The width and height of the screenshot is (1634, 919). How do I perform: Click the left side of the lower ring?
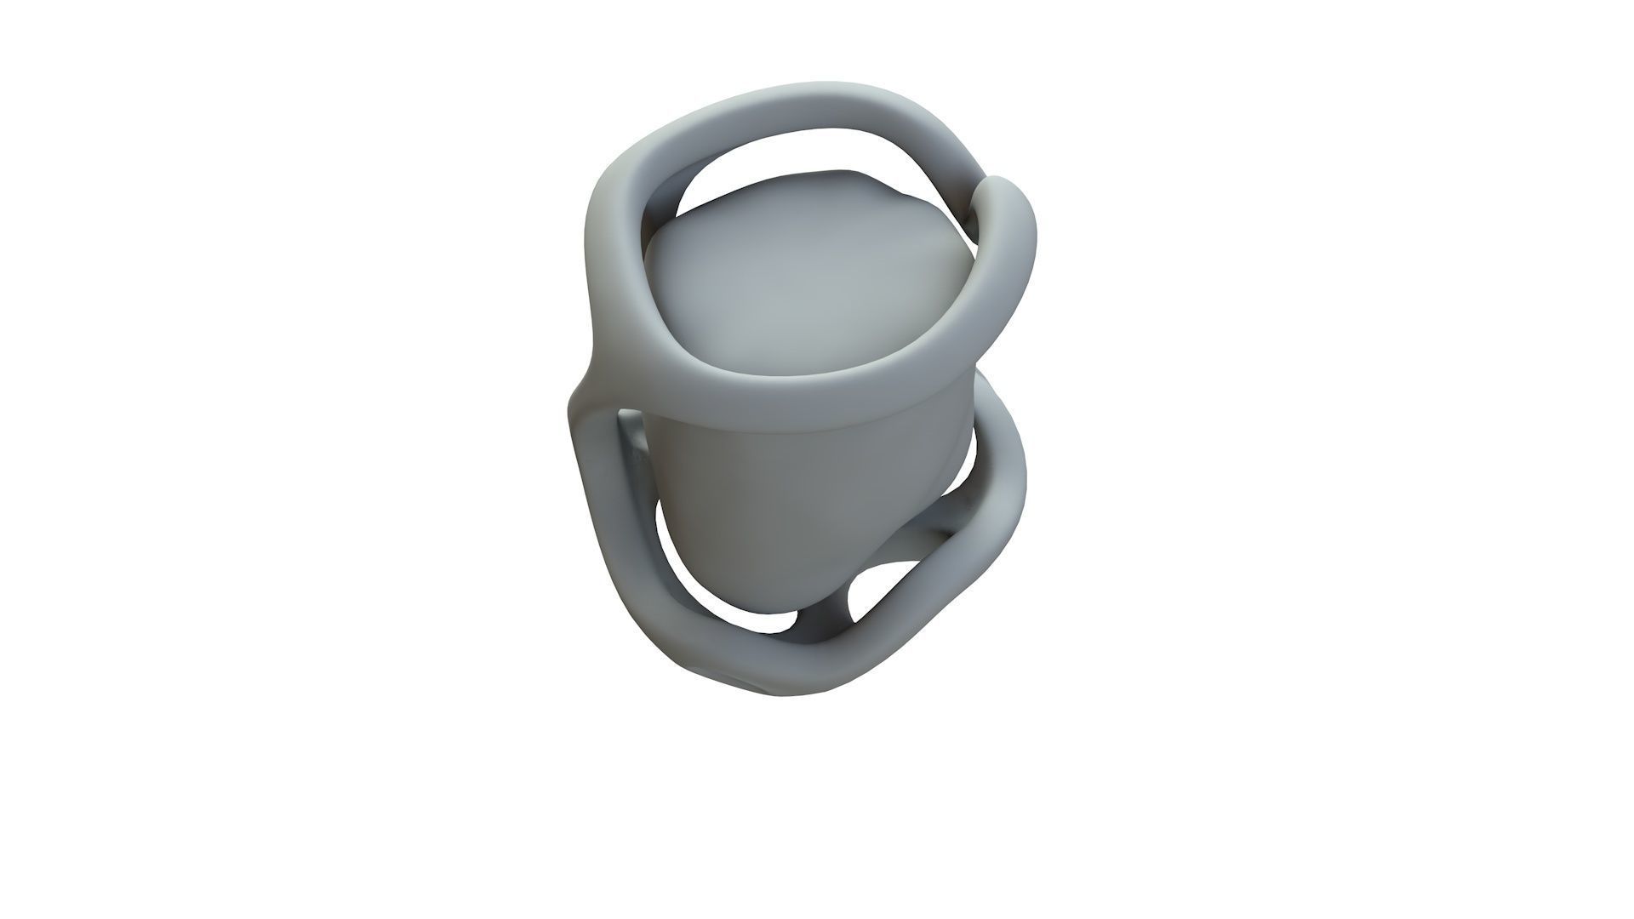point(596,511)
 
